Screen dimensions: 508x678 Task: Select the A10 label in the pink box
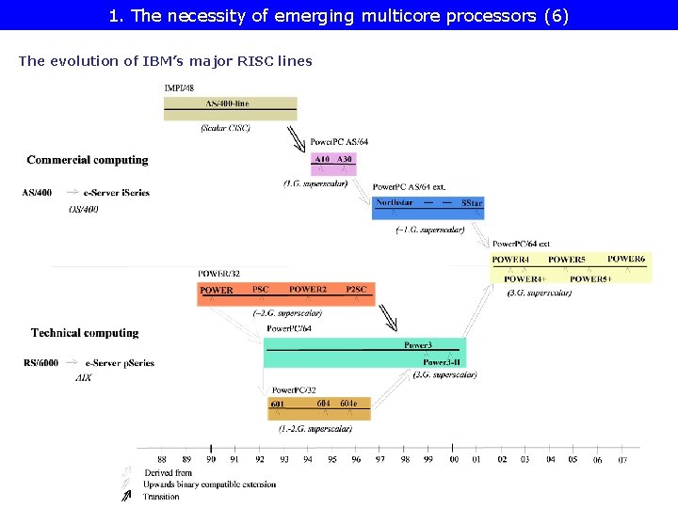coord(322,160)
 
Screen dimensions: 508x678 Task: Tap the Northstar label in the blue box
coord(395,203)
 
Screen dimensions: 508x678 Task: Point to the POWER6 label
coord(626,259)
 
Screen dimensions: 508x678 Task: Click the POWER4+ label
coord(525,278)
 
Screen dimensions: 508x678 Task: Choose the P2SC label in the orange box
coord(356,289)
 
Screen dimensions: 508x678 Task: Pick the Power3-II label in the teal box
coord(441,362)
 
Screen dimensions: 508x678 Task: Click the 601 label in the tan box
coord(278,404)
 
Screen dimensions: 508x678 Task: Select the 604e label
coord(348,403)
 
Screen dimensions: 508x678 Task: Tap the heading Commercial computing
coord(88,160)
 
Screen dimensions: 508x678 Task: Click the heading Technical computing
coord(85,333)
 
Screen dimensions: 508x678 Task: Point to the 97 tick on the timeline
coord(379,459)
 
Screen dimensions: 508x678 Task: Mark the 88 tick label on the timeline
coord(162,459)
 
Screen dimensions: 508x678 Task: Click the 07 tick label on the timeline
coord(622,459)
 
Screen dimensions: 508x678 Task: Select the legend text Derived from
coord(169,472)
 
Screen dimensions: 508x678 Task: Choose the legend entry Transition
coord(162,497)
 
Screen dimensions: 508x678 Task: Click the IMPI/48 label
coord(180,87)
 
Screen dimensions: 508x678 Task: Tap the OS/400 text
coord(84,209)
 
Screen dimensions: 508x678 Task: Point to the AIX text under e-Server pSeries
coord(84,377)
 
